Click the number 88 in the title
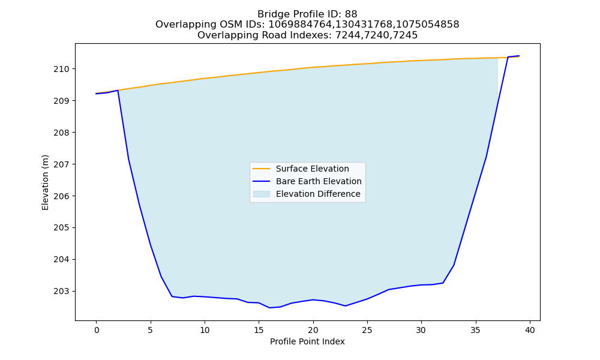pyautogui.click(x=351, y=14)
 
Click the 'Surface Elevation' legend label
pyautogui.click(x=312, y=169)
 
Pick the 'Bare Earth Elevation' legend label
pyautogui.click(x=319, y=181)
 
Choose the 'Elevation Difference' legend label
pyautogui.click(x=318, y=194)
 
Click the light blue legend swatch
pyautogui.click(x=262, y=194)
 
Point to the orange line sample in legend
pyautogui.click(x=262, y=169)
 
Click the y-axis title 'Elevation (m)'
pyautogui.click(x=45, y=182)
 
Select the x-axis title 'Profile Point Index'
pyautogui.click(x=307, y=341)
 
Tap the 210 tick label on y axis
pyautogui.click(x=62, y=69)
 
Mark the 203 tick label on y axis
pyautogui.click(x=62, y=292)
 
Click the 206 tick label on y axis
pyautogui.click(x=62, y=196)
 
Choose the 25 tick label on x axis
pyautogui.click(x=367, y=330)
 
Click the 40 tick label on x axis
pyautogui.click(x=530, y=330)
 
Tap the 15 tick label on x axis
pyautogui.click(x=259, y=330)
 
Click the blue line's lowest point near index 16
pyautogui.click(x=269, y=308)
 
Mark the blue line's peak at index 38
pyautogui.click(x=508, y=57)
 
